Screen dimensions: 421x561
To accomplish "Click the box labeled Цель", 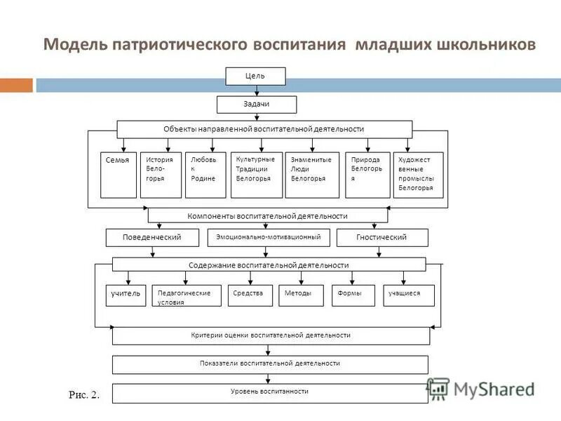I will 255,76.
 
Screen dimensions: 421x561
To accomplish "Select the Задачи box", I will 257,104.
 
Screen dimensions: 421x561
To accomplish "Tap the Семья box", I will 119,175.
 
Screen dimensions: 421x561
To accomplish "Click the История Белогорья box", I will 161,175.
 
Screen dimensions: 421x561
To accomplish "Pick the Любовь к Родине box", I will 205,175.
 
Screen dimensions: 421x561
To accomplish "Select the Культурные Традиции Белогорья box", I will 256,175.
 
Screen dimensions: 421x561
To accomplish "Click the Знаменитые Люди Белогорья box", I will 312,175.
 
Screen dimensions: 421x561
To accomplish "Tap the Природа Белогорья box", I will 367,175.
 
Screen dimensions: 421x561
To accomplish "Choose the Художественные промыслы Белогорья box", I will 418,175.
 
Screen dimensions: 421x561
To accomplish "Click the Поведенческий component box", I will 153,238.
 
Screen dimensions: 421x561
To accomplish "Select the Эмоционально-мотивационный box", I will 268,237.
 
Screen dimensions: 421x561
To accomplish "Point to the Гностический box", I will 382,238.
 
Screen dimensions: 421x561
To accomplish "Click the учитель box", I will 126,295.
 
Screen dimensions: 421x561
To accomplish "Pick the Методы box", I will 300,295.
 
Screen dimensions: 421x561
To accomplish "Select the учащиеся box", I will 408,295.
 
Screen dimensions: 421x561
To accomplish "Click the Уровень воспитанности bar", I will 270,392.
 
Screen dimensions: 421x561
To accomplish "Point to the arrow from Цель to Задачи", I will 257,91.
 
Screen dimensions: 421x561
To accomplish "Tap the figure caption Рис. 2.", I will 84,395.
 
